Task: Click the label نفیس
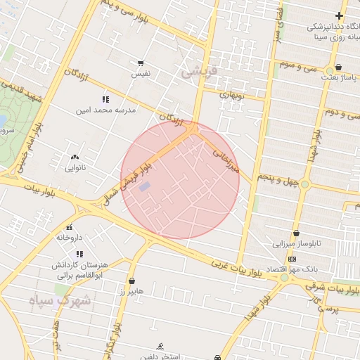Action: pos(141,73)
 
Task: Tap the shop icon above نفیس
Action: pos(141,63)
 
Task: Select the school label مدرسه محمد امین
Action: pos(106,110)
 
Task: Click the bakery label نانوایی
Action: pos(75,168)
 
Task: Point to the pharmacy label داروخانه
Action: pos(70,238)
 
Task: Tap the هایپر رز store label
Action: pos(131,290)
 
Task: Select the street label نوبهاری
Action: pos(230,94)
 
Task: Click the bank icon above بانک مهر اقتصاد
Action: pos(292,259)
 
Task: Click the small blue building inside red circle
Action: pos(144,186)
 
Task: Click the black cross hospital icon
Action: pos(339,15)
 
